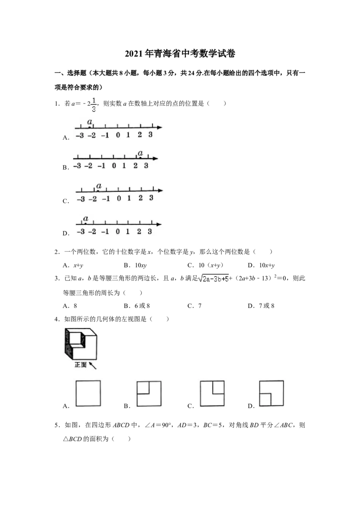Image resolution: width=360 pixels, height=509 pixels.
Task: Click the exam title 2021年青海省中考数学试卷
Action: (180, 54)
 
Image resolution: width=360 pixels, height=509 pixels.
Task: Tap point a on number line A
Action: (90, 127)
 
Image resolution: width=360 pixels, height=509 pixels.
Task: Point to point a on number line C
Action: (98, 190)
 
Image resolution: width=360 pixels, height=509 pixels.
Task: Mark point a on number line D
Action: (85, 223)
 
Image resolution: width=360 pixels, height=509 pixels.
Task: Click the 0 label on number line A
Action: (118, 135)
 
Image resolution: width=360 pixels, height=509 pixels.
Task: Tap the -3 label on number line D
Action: (81, 232)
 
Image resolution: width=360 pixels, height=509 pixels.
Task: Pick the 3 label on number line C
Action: (151, 198)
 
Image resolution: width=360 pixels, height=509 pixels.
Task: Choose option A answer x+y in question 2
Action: (78, 266)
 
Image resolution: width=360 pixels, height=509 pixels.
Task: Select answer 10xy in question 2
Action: (141, 266)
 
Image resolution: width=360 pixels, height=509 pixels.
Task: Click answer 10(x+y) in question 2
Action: (211, 265)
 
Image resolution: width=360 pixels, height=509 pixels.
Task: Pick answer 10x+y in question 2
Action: (267, 266)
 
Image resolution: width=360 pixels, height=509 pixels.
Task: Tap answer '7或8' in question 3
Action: (266, 306)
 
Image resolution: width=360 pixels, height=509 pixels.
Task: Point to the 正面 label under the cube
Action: (81, 365)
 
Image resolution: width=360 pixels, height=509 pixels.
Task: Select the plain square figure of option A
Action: (88, 393)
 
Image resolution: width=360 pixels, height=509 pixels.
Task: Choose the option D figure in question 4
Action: (271, 393)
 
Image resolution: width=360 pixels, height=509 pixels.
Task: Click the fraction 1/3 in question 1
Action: (94, 104)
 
